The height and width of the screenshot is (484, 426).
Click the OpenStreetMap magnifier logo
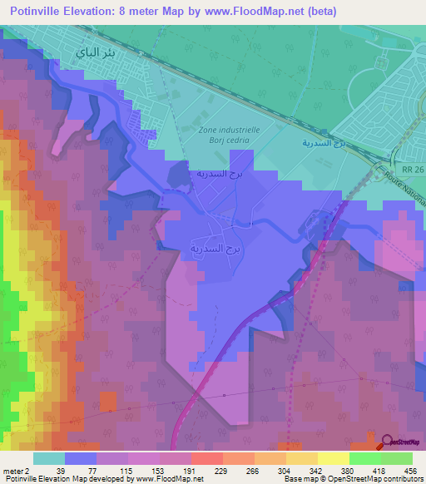click(x=385, y=442)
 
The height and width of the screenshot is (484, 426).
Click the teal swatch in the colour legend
click(x=49, y=458)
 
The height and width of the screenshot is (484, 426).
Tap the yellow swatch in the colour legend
click(x=333, y=458)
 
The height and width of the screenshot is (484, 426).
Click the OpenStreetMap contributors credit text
click(x=374, y=479)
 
